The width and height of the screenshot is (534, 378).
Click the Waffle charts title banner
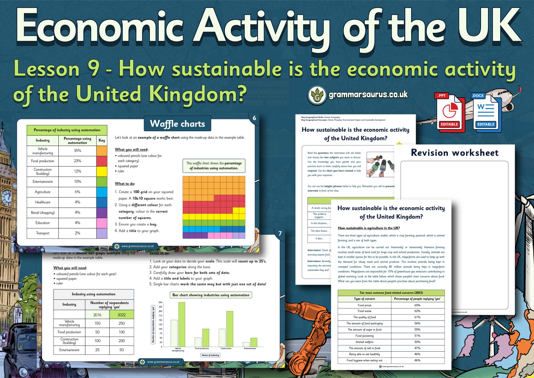[x=178, y=124]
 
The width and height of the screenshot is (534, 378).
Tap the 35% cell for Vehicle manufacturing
[x=77, y=151]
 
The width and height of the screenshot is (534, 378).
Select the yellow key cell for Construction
[x=102, y=171]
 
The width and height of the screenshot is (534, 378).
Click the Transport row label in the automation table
[x=43, y=233]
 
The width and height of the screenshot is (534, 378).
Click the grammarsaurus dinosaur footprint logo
[x=317, y=96]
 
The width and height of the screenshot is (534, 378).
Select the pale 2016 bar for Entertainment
[x=246, y=344]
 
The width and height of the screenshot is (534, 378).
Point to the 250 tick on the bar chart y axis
[x=160, y=302]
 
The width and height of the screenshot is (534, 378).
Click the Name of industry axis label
[x=210, y=355]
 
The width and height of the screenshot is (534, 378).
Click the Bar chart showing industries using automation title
[x=211, y=295]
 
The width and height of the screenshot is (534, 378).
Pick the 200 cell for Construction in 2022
[x=122, y=341]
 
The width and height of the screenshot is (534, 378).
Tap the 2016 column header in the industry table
[x=97, y=315]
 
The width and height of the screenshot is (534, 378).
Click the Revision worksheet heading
[x=454, y=153]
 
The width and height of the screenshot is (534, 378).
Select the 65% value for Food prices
[x=417, y=305]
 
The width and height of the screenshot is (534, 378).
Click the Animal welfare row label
[x=364, y=342]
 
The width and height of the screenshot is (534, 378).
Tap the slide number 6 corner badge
[x=254, y=118]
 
